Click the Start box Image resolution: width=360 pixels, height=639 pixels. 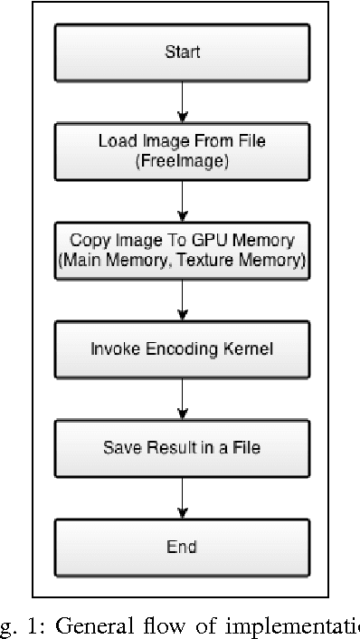pyautogui.click(x=183, y=52)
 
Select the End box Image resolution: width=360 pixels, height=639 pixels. pyautogui.click(x=183, y=546)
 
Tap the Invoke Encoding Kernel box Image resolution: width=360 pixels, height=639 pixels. pyautogui.click(x=183, y=348)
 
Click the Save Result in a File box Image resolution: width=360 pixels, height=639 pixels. pyautogui.click(x=183, y=447)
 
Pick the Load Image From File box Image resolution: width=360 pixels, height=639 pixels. pyautogui.click(x=183, y=150)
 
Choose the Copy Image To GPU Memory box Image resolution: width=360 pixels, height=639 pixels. pyautogui.click(x=183, y=249)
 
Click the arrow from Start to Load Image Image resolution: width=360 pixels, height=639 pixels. pyautogui.click(x=183, y=101)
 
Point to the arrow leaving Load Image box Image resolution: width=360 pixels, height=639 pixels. pyautogui.click(x=183, y=200)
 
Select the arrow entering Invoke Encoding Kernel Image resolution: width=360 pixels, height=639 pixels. pyautogui.click(x=183, y=299)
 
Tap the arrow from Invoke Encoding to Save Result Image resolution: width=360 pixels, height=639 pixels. pyautogui.click(x=183, y=397)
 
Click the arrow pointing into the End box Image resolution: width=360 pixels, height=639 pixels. pyautogui.click(x=183, y=496)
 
